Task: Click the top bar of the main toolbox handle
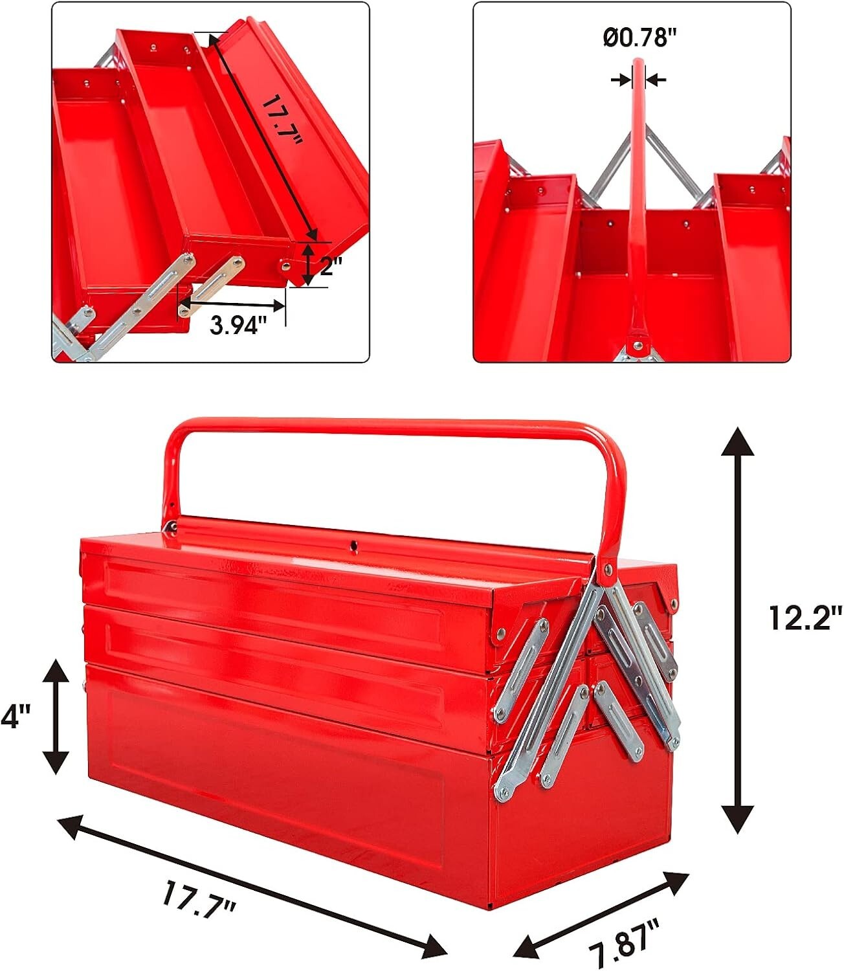(x=388, y=427)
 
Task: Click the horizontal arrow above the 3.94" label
(x=232, y=304)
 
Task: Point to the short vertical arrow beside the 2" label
(x=309, y=264)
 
